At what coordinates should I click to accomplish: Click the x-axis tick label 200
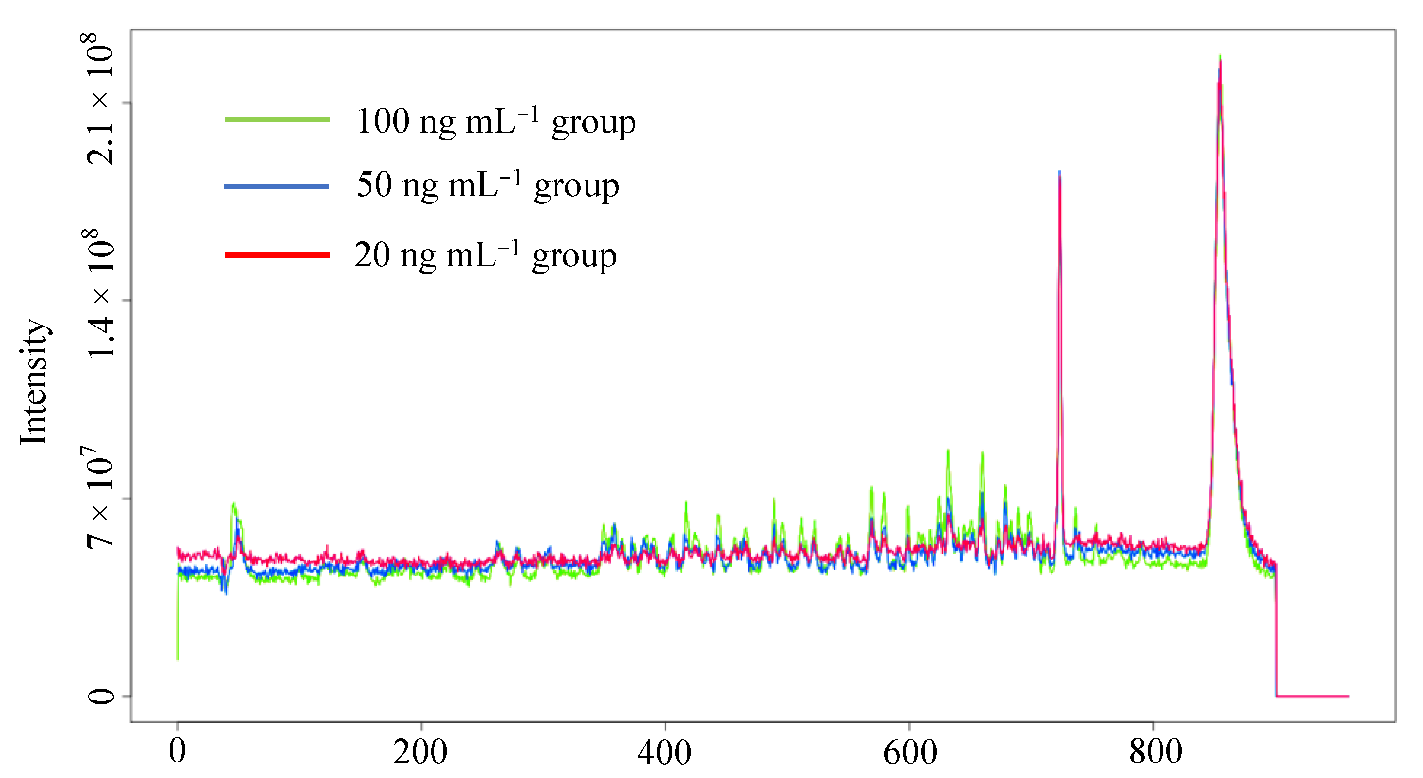(420, 753)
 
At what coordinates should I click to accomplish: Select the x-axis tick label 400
(665, 753)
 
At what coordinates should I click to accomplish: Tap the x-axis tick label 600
(910, 753)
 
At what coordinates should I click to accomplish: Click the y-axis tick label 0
(101, 696)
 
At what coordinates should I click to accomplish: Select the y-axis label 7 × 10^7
(99, 498)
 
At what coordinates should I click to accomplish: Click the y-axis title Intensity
(34, 381)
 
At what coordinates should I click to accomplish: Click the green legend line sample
(278, 119)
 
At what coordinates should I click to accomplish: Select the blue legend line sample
(276, 186)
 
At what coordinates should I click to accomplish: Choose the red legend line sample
(278, 255)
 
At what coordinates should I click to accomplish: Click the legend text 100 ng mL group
(495, 122)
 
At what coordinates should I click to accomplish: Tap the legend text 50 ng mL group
(487, 185)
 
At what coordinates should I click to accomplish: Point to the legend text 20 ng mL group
(485, 255)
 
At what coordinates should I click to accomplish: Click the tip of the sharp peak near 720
(1059, 172)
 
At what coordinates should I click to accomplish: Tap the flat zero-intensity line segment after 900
(1313, 696)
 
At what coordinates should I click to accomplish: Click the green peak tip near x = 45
(233, 503)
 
